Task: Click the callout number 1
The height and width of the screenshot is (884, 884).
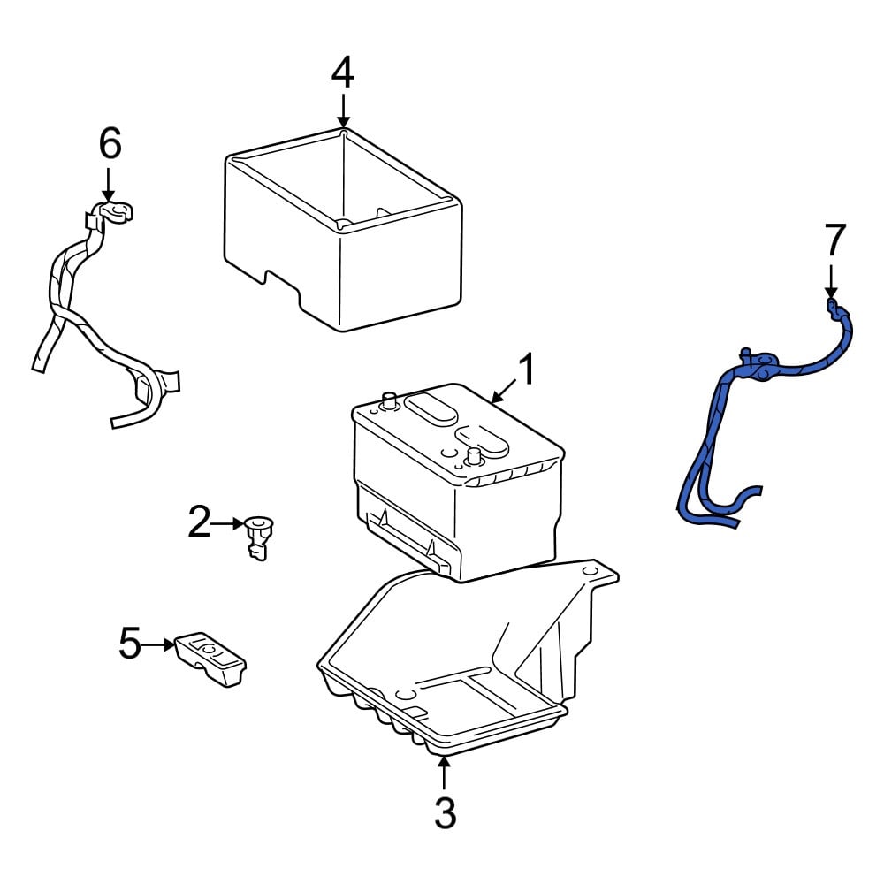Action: click(x=527, y=369)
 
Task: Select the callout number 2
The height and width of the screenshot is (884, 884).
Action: click(x=199, y=522)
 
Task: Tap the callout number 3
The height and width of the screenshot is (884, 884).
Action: click(x=445, y=812)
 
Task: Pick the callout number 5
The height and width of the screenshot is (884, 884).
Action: click(x=130, y=644)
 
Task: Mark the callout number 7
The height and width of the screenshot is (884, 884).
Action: click(x=835, y=240)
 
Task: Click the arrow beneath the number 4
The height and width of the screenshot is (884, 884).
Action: click(x=343, y=110)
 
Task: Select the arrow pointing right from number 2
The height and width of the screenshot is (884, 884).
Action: click(x=228, y=523)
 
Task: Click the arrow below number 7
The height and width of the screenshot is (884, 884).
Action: click(x=831, y=281)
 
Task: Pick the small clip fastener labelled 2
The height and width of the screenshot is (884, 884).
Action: click(x=258, y=537)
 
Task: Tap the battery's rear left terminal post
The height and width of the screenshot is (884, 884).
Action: click(x=388, y=400)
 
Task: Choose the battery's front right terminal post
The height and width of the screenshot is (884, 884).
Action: click(x=472, y=458)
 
